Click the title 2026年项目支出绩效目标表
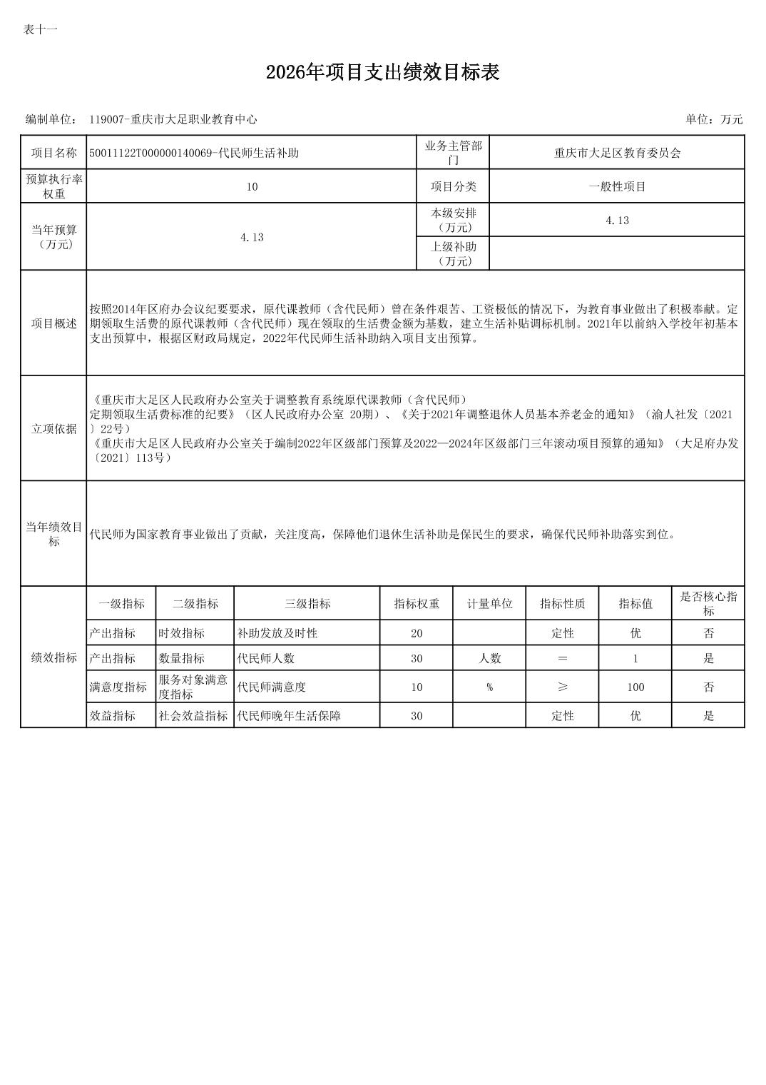pyautogui.click(x=382, y=72)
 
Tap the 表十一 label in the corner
pyautogui.click(x=40, y=29)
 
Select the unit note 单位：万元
pyautogui.click(x=714, y=119)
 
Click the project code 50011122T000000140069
pyautogui.click(x=152, y=153)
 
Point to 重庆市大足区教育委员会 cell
pyautogui.click(x=617, y=153)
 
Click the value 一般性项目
pyautogui.click(x=617, y=186)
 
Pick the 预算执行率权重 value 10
pyautogui.click(x=252, y=186)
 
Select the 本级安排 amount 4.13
pyautogui.click(x=617, y=221)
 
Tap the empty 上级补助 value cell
pyautogui.click(x=617, y=253)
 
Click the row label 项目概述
pyautogui.click(x=53, y=323)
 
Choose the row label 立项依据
pyautogui.click(x=53, y=428)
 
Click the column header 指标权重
pyautogui.click(x=417, y=604)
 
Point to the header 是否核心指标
pyautogui.click(x=708, y=604)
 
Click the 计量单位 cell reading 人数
pyautogui.click(x=489, y=658)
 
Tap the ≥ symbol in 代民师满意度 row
pyautogui.click(x=563, y=687)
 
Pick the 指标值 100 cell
pyautogui.click(x=635, y=687)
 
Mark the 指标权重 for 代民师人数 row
pyautogui.click(x=417, y=658)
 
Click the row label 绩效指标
pyautogui.click(x=53, y=657)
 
